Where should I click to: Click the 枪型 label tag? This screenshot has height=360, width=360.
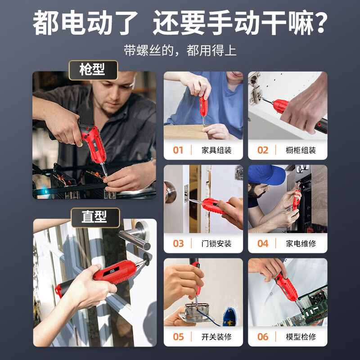tap(92, 70)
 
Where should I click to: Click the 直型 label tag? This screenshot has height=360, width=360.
tap(94, 217)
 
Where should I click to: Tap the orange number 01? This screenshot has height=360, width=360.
tap(179, 150)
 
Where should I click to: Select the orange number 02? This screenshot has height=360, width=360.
tap(263, 150)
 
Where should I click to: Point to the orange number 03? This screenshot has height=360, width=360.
tap(179, 243)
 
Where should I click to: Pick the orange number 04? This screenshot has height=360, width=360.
tap(263, 243)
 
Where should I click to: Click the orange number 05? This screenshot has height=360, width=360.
tap(179, 337)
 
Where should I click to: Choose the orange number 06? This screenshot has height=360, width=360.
tap(263, 337)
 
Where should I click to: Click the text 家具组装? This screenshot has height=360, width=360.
tap(216, 150)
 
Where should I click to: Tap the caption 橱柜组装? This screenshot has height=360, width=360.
tap(301, 150)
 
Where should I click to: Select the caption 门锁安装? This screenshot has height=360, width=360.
tap(216, 244)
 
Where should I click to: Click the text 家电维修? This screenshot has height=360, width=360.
tap(301, 244)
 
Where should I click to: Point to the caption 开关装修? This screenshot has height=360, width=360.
tap(216, 337)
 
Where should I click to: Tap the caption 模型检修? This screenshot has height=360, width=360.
tap(301, 337)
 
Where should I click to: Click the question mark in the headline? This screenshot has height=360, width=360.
tap(320, 23)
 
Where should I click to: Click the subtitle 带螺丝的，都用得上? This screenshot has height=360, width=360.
tap(180, 50)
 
